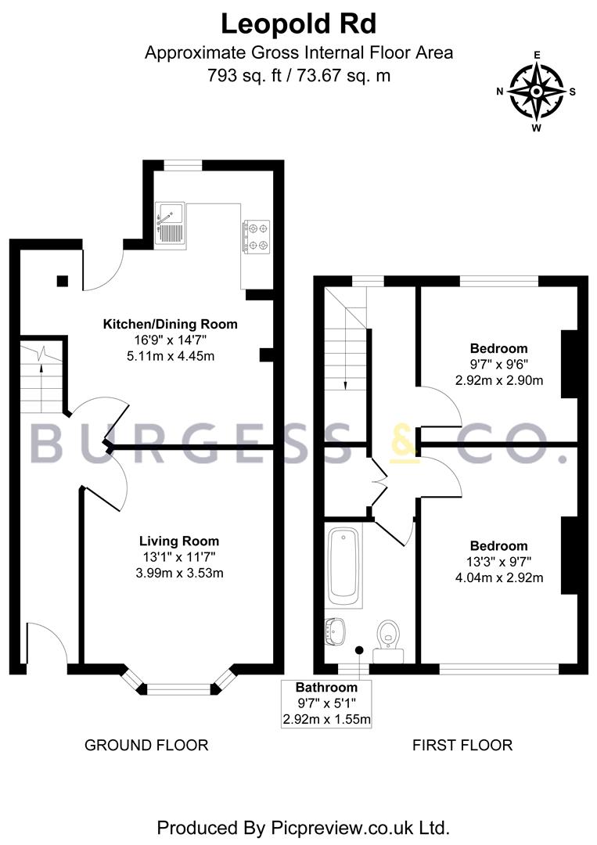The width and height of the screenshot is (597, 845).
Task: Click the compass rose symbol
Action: pyautogui.click(x=537, y=91)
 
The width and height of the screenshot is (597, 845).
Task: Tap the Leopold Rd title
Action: pyautogui.click(x=299, y=23)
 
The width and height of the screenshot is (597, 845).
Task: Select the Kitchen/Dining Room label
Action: pyautogui.click(x=171, y=325)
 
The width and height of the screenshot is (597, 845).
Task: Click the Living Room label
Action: pyautogui.click(x=179, y=541)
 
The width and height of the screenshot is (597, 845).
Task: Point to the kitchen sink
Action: pyautogui.click(x=171, y=226)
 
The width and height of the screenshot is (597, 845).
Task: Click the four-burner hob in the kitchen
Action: pyautogui.click(x=256, y=236)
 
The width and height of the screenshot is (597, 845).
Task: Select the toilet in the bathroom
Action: pyautogui.click(x=389, y=640)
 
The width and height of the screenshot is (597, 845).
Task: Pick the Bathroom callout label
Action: pyautogui.click(x=326, y=687)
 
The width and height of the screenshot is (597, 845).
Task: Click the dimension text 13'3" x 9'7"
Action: pyautogui.click(x=498, y=562)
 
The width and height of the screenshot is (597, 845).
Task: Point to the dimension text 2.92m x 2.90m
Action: pyautogui.click(x=499, y=380)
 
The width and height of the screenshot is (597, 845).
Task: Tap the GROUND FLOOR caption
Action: pyautogui.click(x=146, y=746)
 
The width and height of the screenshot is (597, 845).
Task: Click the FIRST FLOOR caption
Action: pyautogui.click(x=462, y=746)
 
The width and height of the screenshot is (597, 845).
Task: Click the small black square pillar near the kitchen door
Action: pyautogui.click(x=63, y=281)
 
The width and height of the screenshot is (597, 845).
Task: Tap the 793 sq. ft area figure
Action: pyautogui.click(x=245, y=75)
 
